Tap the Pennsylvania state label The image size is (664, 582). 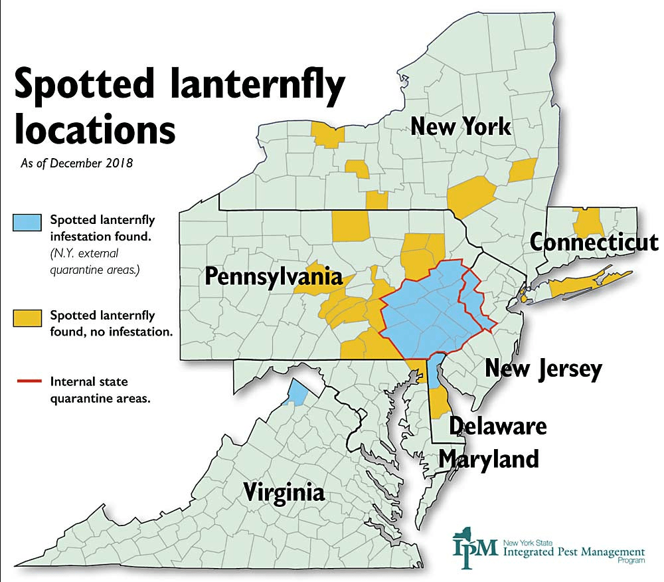274,276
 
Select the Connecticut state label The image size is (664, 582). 594,242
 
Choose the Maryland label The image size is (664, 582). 489,458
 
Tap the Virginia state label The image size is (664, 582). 284,493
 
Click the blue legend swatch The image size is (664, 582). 28,223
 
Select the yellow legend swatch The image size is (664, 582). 28,318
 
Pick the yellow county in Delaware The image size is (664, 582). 438,403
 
